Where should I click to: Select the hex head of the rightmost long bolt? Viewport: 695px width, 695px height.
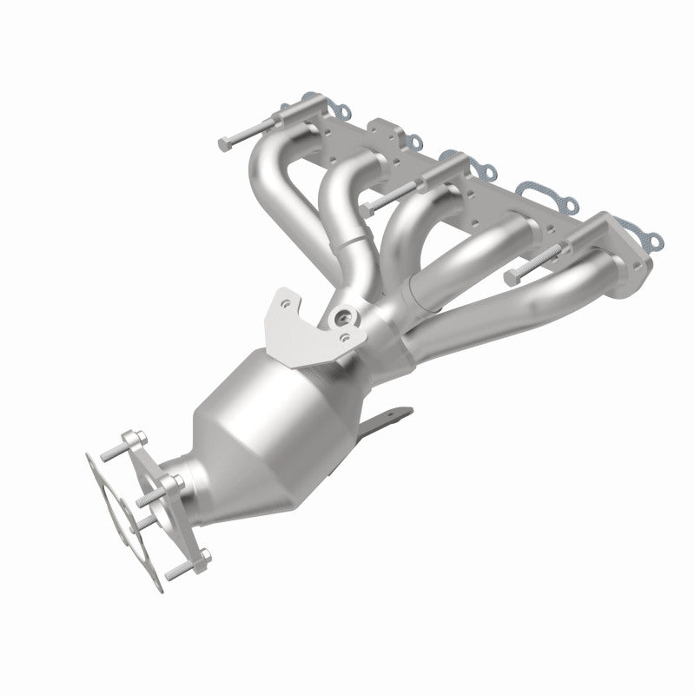pos(509,278)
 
